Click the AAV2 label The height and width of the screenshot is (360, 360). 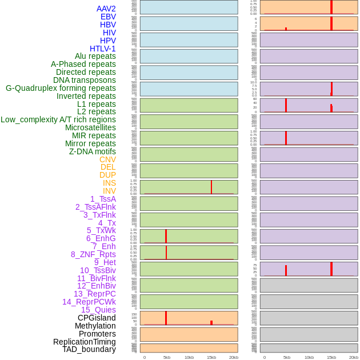pos(106,9)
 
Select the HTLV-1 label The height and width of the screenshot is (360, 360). pos(103,49)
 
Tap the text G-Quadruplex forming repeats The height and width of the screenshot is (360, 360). pos(61,88)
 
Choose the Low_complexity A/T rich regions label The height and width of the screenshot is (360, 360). pos(58,119)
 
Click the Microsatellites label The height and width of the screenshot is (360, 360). pos(90,127)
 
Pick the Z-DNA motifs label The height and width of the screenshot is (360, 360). pos(93,151)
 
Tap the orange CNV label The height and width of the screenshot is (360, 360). pos(107,159)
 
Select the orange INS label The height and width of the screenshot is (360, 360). pos(109,183)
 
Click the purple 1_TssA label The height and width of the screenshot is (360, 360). pos(103,199)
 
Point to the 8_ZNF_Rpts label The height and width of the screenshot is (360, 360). pos(93,254)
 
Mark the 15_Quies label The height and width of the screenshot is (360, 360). pos(98,310)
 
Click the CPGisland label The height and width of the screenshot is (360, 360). pos(97,318)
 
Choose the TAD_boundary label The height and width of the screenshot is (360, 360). pos(89,349)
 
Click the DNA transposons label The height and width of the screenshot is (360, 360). pos(85,80)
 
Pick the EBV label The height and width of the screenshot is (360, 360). pos(108,17)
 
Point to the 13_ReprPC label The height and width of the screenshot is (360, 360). pos(94,294)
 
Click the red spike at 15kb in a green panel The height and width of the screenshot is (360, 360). pos(211,187)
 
